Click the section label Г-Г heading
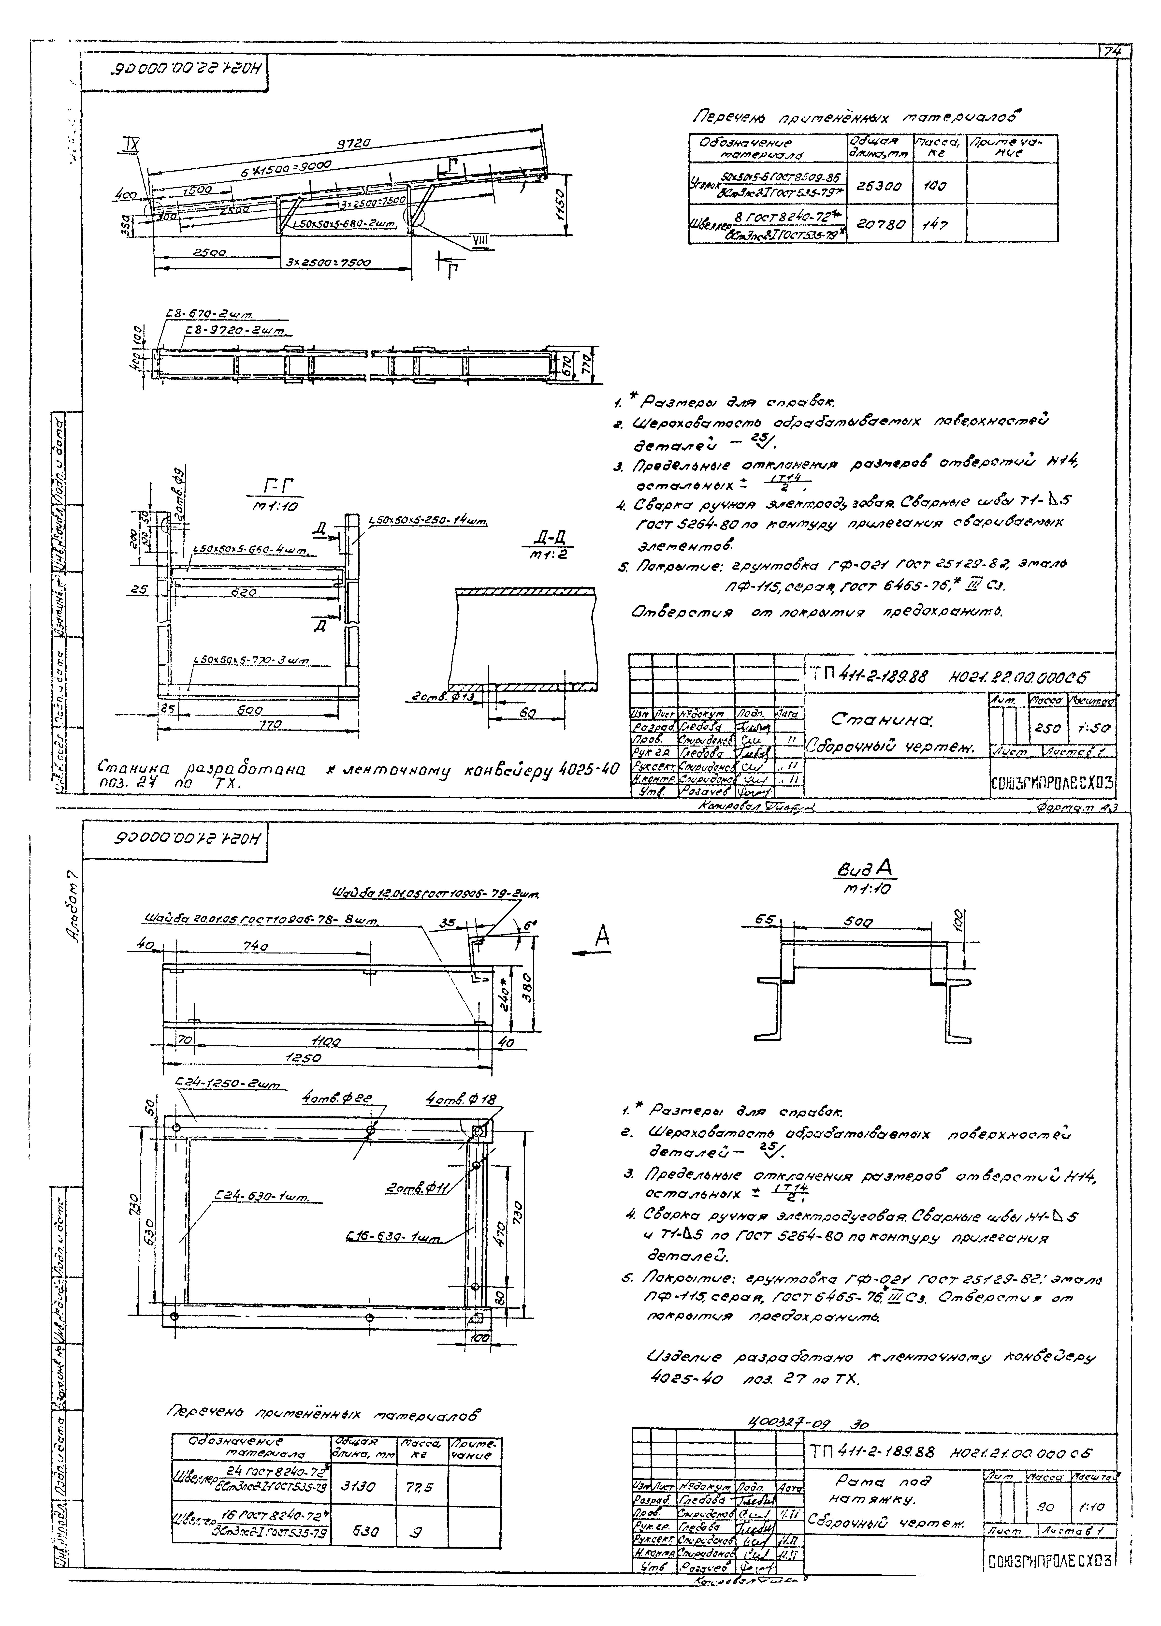coord(279,486)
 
